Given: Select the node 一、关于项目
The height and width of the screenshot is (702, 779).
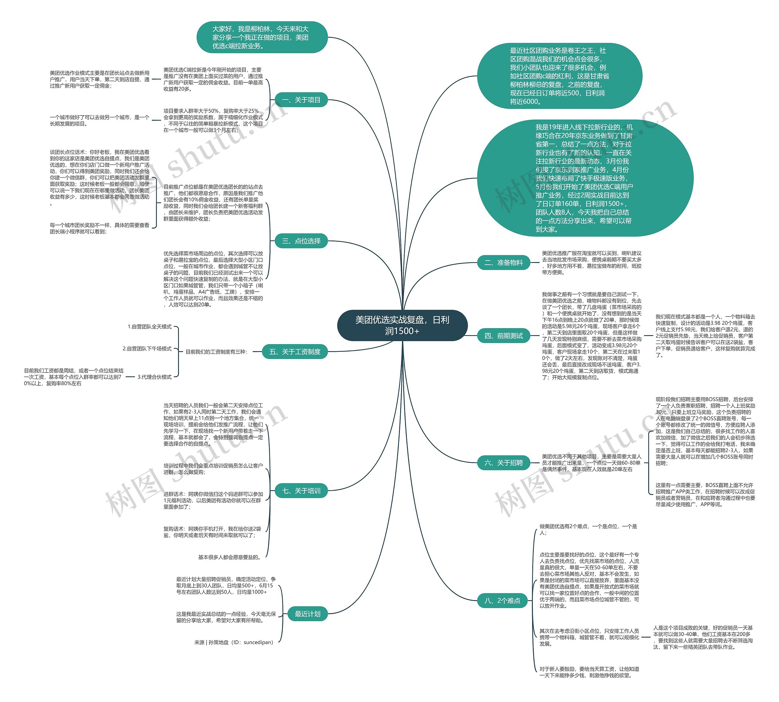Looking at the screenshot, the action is [301, 100].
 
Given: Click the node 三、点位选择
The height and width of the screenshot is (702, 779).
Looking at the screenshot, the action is [301, 241].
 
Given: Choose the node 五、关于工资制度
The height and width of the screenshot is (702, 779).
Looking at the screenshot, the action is [295, 352].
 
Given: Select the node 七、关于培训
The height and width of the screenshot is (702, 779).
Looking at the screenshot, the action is [301, 491].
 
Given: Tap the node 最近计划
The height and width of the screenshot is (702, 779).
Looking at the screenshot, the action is [307, 614].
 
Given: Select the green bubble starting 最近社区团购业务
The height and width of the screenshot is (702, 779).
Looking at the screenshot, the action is [559, 76].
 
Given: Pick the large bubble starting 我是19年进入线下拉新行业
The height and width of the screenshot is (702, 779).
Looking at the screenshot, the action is [585, 178].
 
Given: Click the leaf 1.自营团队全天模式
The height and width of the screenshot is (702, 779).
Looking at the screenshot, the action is [149, 327].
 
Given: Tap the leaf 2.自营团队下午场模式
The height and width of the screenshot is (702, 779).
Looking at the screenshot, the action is [147, 349].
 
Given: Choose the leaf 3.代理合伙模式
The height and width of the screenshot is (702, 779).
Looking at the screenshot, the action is [154, 377].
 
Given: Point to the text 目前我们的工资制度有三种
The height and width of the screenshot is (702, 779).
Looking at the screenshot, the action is [216, 352].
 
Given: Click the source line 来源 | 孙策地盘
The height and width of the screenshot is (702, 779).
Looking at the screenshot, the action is [233, 642].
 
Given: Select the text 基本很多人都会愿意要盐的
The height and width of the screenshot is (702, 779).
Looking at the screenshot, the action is [230, 557].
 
